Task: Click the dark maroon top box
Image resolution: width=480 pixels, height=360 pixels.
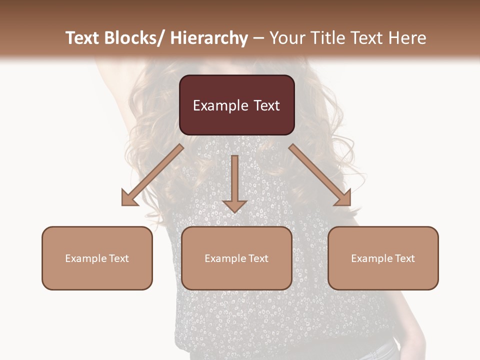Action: [x=236, y=105]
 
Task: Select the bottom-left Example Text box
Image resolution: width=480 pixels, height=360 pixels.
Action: [x=97, y=258]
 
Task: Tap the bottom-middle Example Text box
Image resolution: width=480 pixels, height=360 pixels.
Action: [x=236, y=258]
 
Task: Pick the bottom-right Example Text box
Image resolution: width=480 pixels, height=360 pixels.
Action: [x=383, y=258]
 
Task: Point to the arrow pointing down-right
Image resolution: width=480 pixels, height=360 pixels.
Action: [x=320, y=175]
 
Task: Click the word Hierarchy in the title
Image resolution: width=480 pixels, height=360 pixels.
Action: [x=209, y=38]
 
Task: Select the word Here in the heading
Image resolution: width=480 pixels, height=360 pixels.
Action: [x=407, y=38]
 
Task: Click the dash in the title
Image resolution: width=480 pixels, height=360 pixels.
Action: [x=258, y=38]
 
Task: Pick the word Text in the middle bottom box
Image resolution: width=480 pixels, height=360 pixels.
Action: [x=258, y=258]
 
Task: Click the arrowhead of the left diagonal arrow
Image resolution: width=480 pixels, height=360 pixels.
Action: [x=128, y=198]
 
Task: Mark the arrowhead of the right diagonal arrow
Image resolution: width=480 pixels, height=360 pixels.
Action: [x=343, y=198]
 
